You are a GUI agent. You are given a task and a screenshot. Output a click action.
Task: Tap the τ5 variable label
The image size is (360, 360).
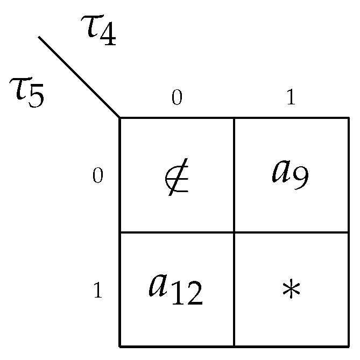point(27,91)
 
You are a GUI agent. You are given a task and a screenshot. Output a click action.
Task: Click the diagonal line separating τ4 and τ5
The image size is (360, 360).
point(79,77)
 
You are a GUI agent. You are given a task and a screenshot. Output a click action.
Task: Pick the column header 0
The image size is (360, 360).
point(177,97)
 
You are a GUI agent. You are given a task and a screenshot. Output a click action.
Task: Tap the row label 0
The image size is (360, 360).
point(97,176)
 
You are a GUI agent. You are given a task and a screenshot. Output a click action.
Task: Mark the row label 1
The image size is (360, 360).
point(97,291)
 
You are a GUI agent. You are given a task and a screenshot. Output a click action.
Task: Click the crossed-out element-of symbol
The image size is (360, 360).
point(177,177)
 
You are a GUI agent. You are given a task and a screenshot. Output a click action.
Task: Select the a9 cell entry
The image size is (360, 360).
point(291,173)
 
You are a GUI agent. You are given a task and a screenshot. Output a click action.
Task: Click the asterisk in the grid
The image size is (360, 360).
point(291,291)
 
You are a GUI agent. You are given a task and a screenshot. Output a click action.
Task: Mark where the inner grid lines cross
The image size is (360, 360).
point(234,232)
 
